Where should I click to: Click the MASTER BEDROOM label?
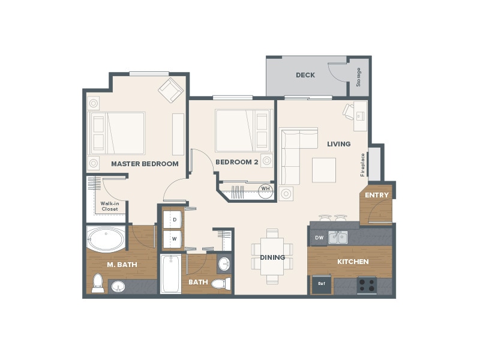pos(145,164)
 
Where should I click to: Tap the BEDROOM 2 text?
pos(236,161)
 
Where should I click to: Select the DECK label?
pos(305,75)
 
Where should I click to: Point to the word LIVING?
pos(338,144)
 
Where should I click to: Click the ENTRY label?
pos(377,195)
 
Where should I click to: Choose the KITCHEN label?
pos(353,262)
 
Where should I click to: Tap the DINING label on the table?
pos(272,257)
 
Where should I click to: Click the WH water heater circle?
pos(265,190)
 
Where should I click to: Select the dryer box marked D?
pos(174,220)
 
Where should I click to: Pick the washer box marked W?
pos(174,238)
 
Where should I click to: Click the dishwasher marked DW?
pos(319,238)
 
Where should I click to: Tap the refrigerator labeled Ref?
pos(321,284)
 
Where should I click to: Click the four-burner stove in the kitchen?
pos(366,284)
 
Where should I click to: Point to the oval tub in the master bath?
pos(106,239)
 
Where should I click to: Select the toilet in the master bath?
pos(97,283)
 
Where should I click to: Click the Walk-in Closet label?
pos(109,206)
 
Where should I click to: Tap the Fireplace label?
pos(362,164)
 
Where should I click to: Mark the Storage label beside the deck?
pos(359,77)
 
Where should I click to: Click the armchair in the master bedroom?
pos(170,91)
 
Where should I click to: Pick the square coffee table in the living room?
pos(324,170)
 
